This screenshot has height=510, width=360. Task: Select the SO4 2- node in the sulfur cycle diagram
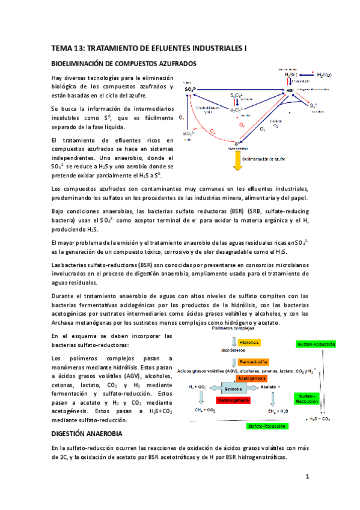tap(190, 90)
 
